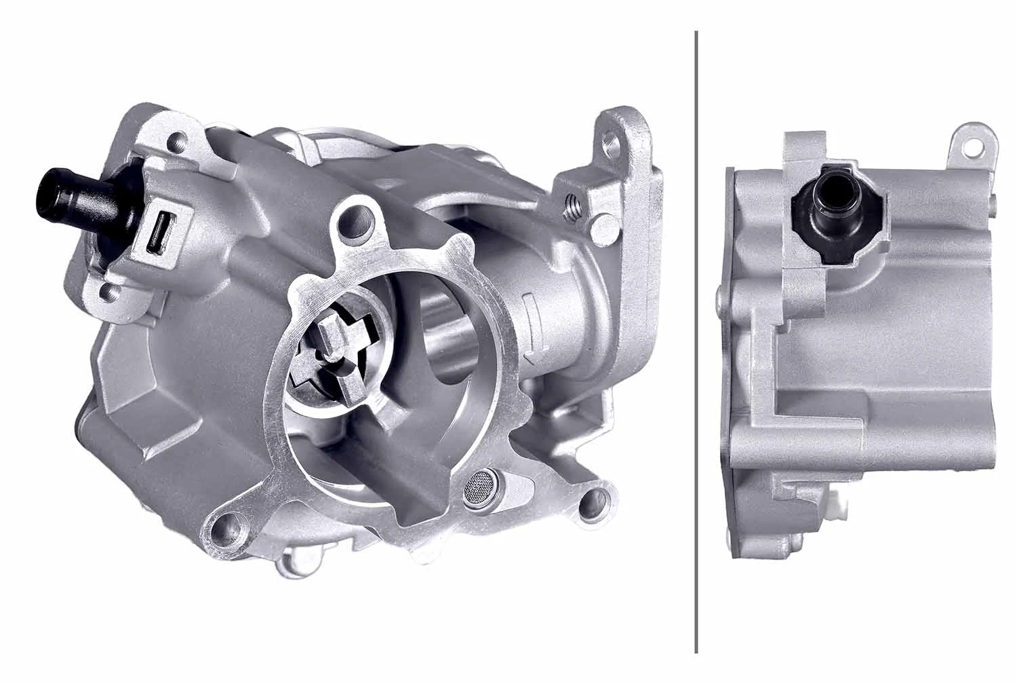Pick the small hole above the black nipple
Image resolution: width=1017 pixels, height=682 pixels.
tap(178, 144)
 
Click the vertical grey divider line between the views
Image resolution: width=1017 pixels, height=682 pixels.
tap(696, 339)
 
